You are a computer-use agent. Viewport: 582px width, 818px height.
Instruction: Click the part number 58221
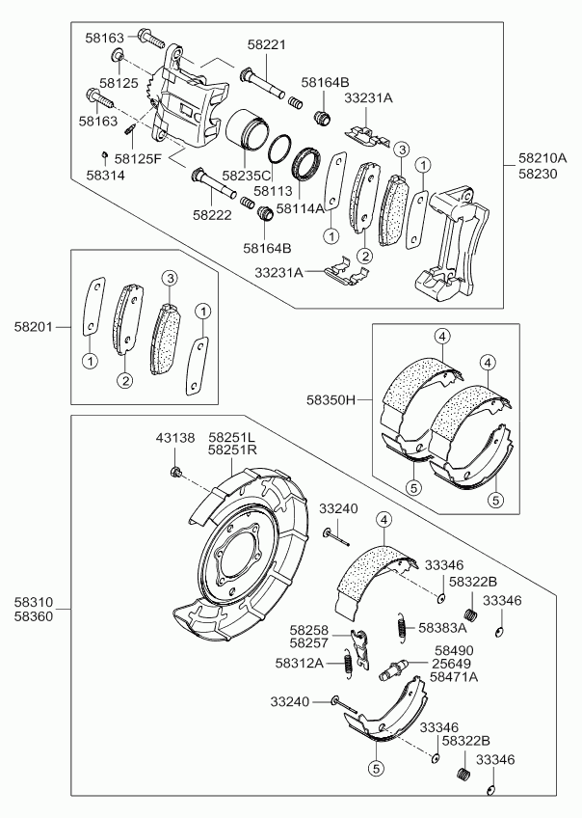267,44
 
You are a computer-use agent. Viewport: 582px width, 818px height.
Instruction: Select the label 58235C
247,177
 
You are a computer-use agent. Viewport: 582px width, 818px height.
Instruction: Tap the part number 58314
105,176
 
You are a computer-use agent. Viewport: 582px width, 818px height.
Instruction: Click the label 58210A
542,157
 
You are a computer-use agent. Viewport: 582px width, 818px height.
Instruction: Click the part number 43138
175,438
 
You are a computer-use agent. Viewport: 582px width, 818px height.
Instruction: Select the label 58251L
232,437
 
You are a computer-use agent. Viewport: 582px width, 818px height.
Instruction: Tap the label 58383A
442,627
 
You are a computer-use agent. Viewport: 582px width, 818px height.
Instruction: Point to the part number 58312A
300,663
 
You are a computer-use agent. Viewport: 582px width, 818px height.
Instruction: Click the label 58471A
454,677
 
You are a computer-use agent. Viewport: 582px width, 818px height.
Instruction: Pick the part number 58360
34,614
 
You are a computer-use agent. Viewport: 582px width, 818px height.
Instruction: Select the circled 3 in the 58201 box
170,279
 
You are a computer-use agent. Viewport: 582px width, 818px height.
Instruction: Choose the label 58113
272,191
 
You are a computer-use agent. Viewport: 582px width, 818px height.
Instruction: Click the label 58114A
301,207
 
